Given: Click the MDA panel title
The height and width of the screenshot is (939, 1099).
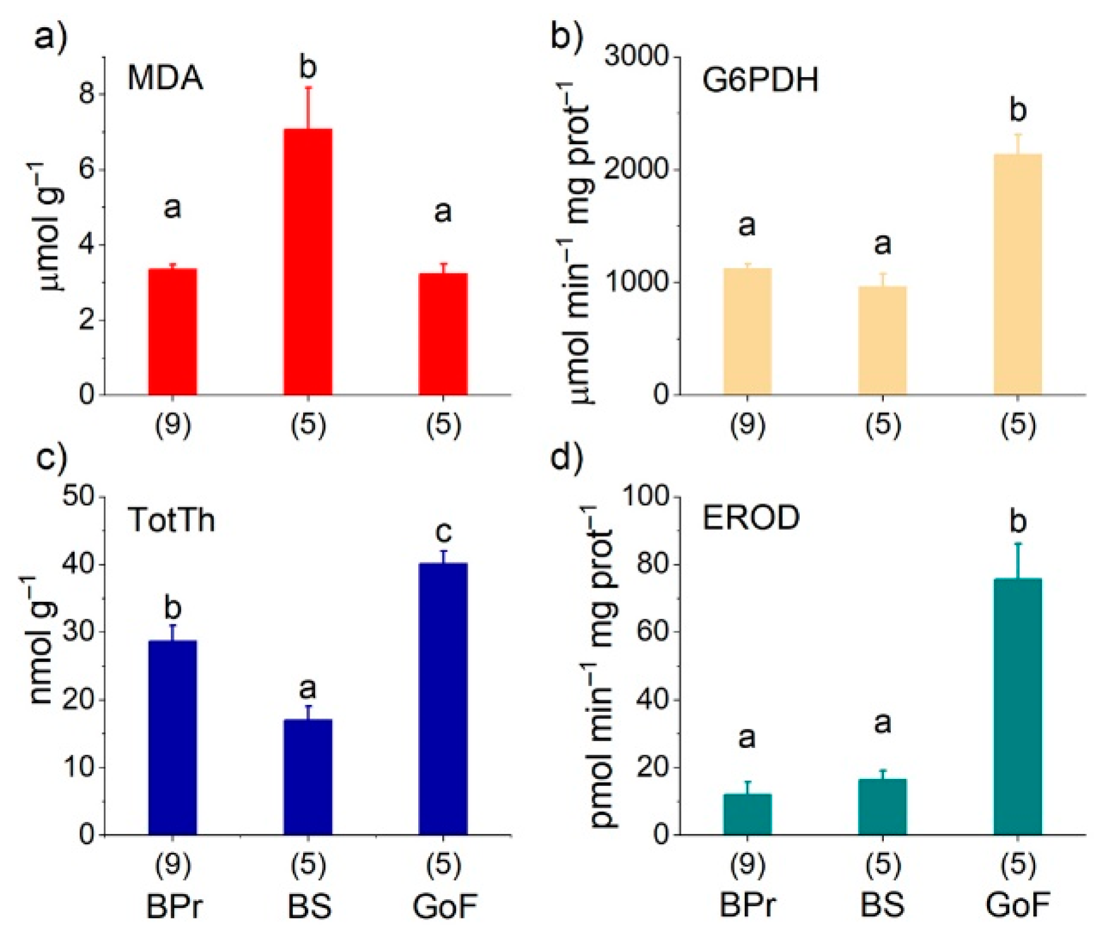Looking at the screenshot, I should (x=165, y=79).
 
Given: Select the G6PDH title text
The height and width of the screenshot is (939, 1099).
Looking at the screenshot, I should (x=761, y=80).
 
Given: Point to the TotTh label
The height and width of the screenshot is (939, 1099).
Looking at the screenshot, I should (x=171, y=520).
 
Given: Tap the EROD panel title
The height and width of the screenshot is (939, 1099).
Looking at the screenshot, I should (x=751, y=518).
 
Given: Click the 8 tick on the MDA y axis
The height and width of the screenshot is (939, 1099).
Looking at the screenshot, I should (x=88, y=94).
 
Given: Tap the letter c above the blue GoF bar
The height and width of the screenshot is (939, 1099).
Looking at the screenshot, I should (x=444, y=532).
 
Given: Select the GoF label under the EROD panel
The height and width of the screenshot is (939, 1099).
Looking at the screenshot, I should (x=1017, y=905).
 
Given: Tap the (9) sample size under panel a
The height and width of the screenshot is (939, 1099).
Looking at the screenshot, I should (x=173, y=425).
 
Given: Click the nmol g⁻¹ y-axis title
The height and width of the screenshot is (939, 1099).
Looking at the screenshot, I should (x=42, y=639).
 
